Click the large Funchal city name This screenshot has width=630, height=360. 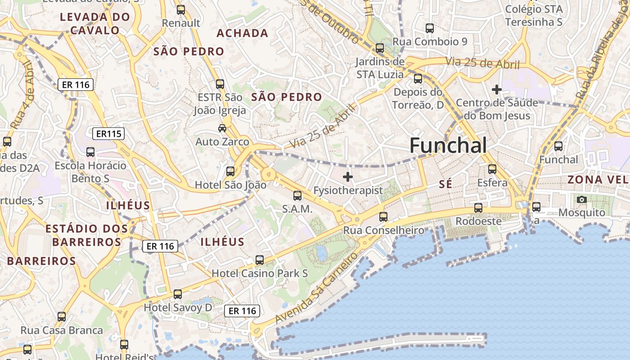click(448, 146)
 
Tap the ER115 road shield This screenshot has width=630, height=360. click(108, 134)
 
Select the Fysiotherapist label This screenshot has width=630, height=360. click(348, 190)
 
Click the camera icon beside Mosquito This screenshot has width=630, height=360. click(582, 199)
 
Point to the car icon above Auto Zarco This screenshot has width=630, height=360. click(222, 128)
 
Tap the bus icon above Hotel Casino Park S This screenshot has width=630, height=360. click(260, 260)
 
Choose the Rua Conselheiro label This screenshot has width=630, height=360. click(383, 230)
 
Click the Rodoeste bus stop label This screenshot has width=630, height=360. click(478, 221)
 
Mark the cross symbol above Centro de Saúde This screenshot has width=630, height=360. click(497, 90)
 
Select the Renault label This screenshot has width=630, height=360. click(181, 23)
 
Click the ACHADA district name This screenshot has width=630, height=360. click(243, 33)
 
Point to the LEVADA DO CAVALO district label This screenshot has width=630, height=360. click(95, 24)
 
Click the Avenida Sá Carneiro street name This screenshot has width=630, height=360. click(317, 288)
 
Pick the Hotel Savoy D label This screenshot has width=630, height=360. click(178, 308)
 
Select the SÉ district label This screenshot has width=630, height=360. click(445, 184)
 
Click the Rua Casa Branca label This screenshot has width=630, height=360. click(62, 330)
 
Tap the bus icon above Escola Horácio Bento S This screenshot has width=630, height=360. click(90, 152)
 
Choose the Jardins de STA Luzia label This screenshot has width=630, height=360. click(380, 68)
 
